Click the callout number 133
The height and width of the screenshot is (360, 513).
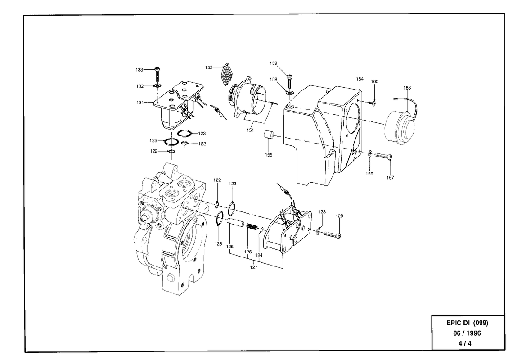pos(139,70)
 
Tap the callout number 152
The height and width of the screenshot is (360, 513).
pos(209,67)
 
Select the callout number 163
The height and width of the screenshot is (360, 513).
pos(407,88)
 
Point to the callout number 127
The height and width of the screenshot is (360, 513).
pos(253,267)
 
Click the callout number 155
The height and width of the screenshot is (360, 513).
pos(269,155)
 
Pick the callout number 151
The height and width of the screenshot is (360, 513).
pos(250,130)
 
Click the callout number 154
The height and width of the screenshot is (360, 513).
pos(360,79)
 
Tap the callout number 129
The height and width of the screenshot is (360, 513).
pos(339,216)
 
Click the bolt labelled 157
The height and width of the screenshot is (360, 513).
pos(383,156)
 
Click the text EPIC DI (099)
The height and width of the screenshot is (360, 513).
pos(467,323)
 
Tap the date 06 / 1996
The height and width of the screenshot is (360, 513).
pos(467,333)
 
